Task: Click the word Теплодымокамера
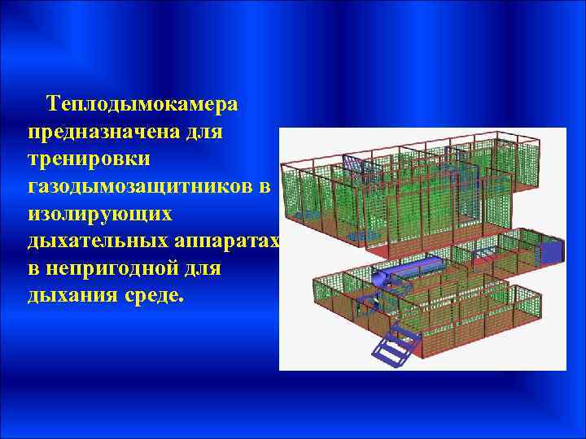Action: click(142, 105)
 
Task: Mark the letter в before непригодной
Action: click(33, 267)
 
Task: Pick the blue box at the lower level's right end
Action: click(551, 250)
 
